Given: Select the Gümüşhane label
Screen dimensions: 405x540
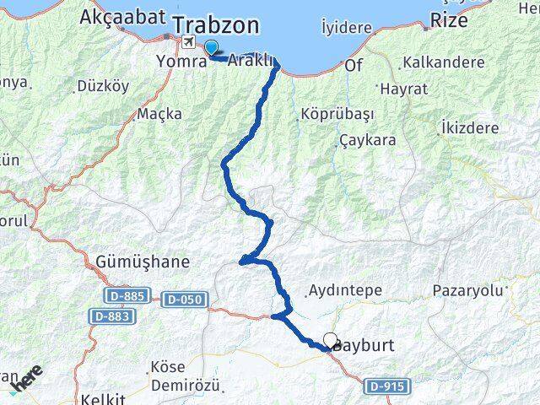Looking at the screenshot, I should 143,262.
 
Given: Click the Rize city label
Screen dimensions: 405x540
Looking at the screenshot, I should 448,20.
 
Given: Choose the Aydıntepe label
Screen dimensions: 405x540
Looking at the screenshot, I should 345,290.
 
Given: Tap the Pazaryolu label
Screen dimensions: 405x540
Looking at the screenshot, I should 467,290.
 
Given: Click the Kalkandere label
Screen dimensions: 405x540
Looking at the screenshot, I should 444,62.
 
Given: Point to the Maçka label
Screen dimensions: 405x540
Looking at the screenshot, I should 159,113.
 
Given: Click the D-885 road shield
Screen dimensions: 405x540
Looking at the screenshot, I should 128,296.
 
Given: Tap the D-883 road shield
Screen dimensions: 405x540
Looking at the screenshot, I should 111,315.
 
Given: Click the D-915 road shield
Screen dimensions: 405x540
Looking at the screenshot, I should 389,386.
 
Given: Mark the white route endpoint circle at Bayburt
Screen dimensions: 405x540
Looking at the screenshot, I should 330,339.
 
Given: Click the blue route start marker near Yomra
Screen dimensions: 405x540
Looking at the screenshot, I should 211,49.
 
